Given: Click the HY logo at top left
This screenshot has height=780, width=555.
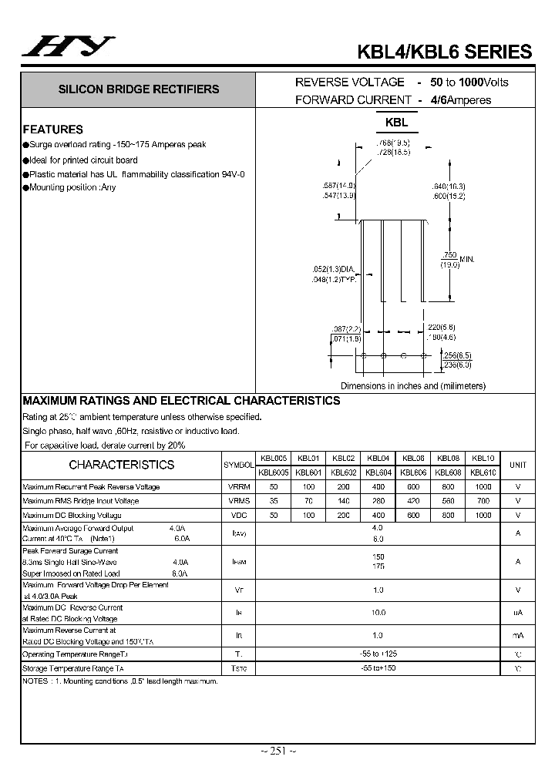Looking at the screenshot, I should coord(69,48).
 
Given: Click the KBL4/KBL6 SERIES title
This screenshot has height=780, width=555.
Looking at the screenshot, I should coord(444,52).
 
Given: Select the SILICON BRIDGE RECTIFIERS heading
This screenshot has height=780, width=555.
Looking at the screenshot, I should coord(139,89).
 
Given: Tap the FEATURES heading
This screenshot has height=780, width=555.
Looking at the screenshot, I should coord(52,129).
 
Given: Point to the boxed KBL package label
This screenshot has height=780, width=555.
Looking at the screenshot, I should coord(396,123).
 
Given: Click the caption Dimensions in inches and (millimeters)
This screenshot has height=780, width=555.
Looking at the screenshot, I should coord(413,385).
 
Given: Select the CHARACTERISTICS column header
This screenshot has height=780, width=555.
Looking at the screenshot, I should coord(122,465).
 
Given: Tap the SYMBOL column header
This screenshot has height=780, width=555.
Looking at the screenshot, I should coord(239,466).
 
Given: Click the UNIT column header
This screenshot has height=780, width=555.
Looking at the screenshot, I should coord(518,465).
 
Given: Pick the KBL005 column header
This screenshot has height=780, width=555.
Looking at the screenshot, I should coord(274,458).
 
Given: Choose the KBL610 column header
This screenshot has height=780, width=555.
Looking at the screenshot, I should coord(483,472).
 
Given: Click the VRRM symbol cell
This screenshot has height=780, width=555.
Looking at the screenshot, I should coord(239,487).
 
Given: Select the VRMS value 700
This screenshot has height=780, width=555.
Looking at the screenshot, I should coord(483,501).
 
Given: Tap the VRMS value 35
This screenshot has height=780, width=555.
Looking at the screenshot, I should coord(274,501).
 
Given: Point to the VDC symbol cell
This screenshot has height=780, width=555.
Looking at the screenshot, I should coord(239,515).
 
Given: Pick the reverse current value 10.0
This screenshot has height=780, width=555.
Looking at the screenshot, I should coord(378,612).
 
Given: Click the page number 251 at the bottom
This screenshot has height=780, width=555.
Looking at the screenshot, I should coord(277,751).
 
